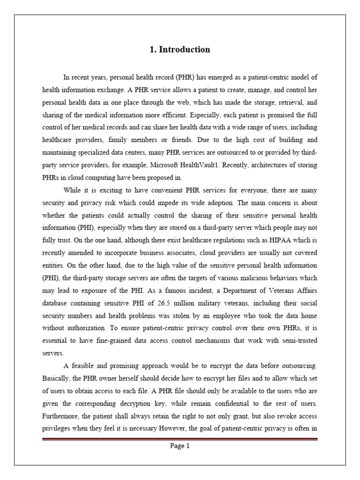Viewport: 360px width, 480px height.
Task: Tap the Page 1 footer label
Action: click(x=180, y=446)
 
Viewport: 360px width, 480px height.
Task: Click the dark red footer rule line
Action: click(x=180, y=439)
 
